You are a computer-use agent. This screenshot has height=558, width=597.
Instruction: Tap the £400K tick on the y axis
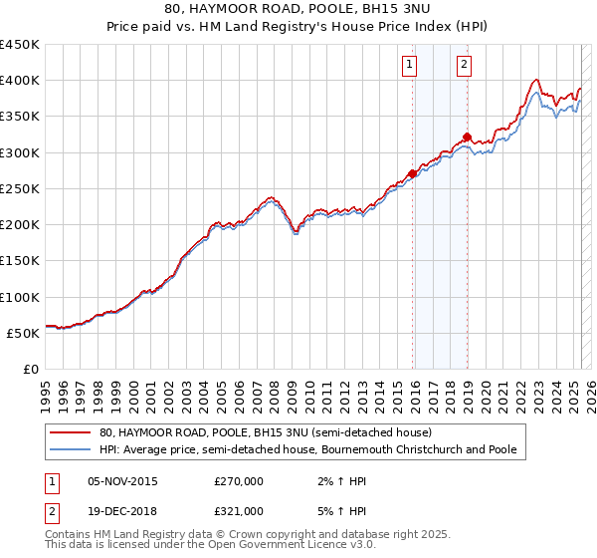point(21,81)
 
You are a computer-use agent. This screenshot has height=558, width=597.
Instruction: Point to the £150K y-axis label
point(21,261)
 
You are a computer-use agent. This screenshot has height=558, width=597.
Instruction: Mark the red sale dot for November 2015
point(412,173)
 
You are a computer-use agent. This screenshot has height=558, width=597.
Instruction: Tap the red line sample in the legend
point(69,432)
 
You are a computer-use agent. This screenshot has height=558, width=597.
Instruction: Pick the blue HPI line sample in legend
point(69,449)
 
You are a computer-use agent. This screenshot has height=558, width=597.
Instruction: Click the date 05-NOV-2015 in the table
point(123,481)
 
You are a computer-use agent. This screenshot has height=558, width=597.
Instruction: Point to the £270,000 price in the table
point(238,481)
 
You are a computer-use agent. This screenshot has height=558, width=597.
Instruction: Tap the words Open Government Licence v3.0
point(298,546)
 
